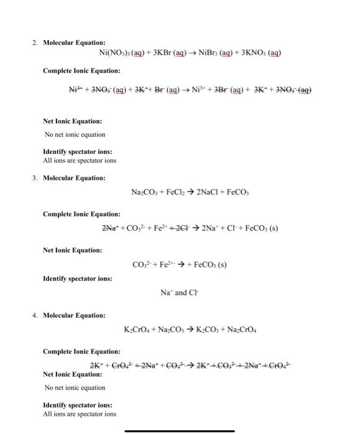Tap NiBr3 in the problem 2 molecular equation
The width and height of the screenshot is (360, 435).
point(214,52)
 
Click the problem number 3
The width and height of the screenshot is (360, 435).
point(35,178)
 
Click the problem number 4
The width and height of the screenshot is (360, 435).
point(35,316)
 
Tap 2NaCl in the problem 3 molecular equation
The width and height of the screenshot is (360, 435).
point(222,193)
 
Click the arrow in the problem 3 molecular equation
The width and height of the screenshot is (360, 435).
point(200,193)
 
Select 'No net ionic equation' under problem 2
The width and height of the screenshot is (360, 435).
point(75,134)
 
